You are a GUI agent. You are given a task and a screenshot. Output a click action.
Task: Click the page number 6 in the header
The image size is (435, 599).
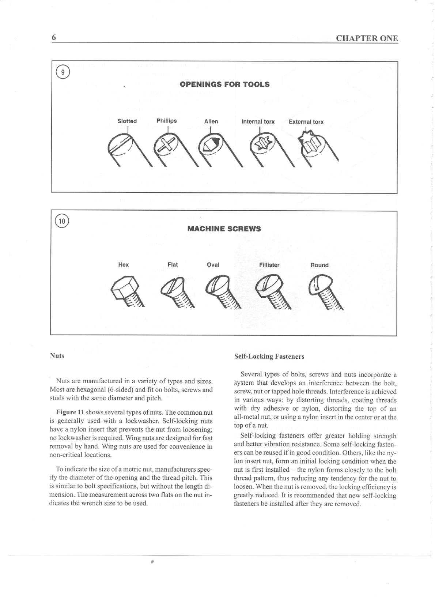pyautogui.click(x=54, y=37)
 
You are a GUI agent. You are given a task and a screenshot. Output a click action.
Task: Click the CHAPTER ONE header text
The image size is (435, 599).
pyautogui.click(x=367, y=38)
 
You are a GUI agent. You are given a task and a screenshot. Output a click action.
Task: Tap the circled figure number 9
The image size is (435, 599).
pyautogui.click(x=63, y=72)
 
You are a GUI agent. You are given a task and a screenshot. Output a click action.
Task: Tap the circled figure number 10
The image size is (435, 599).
pyautogui.click(x=62, y=221)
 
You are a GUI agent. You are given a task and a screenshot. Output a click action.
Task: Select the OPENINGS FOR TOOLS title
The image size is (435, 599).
pyautogui.click(x=224, y=84)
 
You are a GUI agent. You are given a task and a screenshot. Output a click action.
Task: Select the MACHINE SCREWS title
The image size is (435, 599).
pyautogui.click(x=224, y=229)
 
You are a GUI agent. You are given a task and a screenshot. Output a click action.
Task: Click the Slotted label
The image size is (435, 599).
pyautogui.click(x=127, y=121)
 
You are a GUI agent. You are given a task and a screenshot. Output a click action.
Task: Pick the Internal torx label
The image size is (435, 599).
pyautogui.click(x=258, y=122)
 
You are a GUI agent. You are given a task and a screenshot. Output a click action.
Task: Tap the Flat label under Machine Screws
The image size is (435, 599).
pyautogui.click(x=173, y=264)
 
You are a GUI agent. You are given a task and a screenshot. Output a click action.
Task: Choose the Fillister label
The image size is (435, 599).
pyautogui.click(x=269, y=265)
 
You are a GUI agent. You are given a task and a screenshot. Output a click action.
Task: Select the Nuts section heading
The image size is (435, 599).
pyautogui.click(x=57, y=356)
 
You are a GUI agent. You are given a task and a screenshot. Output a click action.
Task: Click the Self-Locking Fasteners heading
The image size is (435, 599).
pyautogui.click(x=269, y=356)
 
